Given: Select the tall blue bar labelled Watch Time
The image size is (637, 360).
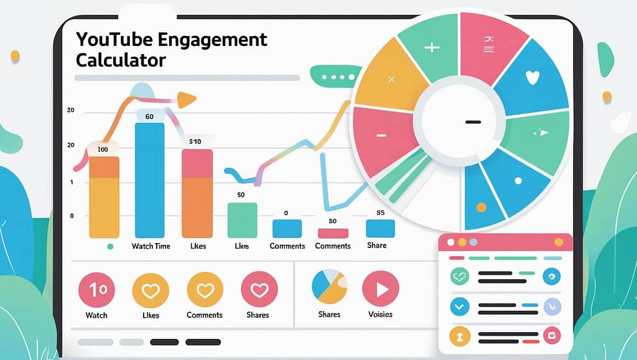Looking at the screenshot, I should click(150, 180).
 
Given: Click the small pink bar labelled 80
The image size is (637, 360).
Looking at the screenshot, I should click(333, 233).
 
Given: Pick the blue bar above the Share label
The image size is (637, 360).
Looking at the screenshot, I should click(380, 228).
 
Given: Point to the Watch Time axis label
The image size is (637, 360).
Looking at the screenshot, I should click(151, 246).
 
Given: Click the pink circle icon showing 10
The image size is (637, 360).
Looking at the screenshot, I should click(96, 289).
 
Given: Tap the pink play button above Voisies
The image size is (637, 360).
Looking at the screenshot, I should click(380, 289).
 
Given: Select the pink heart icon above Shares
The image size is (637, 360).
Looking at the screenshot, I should click(258, 289).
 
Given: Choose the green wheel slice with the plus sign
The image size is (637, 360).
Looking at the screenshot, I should click(432, 47).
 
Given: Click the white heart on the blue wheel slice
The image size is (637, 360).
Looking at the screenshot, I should click(532, 78).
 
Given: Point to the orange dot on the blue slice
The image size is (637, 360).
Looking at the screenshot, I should click(480, 206).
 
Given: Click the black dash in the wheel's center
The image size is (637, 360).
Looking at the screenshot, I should click(473, 121).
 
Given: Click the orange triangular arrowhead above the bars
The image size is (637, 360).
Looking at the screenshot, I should click(186, 99).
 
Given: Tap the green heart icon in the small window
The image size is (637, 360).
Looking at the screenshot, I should click(460, 276).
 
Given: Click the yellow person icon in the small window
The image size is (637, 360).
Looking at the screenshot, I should click(460, 336).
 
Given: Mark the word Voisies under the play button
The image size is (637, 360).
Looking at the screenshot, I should click(380, 315).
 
